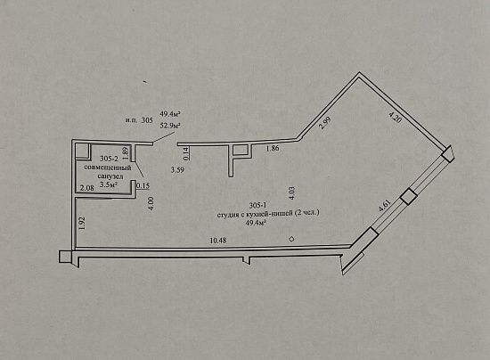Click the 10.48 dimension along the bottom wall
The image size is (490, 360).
pyautogui.click(x=218, y=241)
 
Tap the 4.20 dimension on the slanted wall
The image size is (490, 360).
pyautogui.click(x=395, y=118)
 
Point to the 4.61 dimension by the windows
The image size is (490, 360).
pyautogui.click(x=385, y=206)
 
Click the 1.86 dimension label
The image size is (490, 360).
pyautogui.click(x=273, y=149)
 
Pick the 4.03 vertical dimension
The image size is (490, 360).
pyautogui.click(x=291, y=193)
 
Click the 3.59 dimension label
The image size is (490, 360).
pyautogui.click(x=177, y=170)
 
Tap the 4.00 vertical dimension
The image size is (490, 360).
pyautogui.click(x=151, y=203)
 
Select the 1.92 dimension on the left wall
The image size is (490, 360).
pyautogui.click(x=83, y=224)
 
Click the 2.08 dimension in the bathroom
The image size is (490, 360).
pyautogui.click(x=87, y=188)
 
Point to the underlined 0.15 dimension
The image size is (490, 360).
pyautogui.click(x=143, y=185)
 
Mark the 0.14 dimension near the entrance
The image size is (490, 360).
pyautogui.click(x=186, y=153)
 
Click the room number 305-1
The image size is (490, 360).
pyautogui.click(x=257, y=205)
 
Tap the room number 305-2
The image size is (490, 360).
pyautogui.click(x=109, y=159)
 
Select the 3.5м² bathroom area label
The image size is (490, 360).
pyautogui.click(x=109, y=184)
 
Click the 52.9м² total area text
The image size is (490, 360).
pyautogui.click(x=171, y=126)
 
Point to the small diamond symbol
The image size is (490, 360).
pyautogui.click(x=291, y=239)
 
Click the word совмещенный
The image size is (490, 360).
pyautogui.click(x=108, y=168)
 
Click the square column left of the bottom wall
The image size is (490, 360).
pyautogui.click(x=65, y=257)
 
